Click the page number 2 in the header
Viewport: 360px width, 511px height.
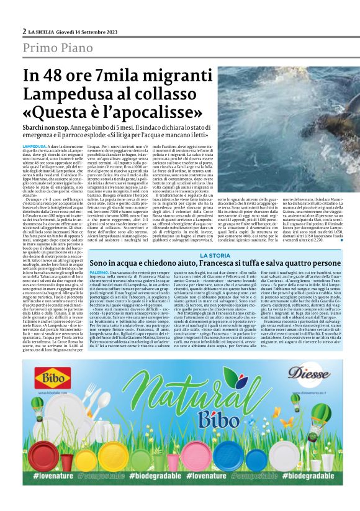pos(24,32)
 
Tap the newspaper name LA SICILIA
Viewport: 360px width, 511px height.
pos(44,32)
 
